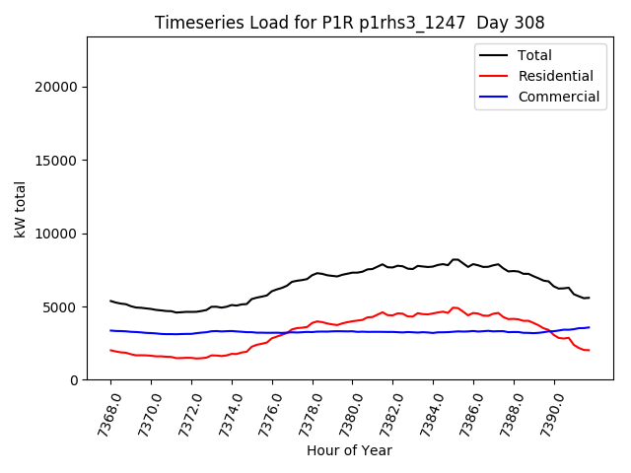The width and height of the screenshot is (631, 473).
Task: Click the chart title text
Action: [x=350, y=23]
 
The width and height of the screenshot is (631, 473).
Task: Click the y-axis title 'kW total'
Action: [x=21, y=209]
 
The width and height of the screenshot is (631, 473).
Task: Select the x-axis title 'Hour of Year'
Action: [x=349, y=450]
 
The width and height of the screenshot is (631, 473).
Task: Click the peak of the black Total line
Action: [x=455, y=259]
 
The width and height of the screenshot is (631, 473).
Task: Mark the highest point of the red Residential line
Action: [x=455, y=307]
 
